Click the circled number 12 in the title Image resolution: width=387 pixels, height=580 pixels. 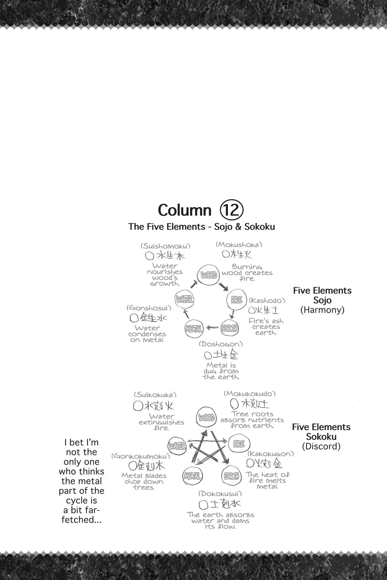pyautogui.click(x=231, y=210)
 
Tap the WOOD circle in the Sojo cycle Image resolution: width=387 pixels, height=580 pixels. pyautogui.click(x=209, y=275)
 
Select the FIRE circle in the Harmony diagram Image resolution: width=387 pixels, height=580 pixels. pyautogui.click(x=237, y=300)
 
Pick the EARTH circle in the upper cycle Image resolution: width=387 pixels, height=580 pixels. pyautogui.click(x=230, y=328)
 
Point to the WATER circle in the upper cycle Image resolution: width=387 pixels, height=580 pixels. pyautogui.click(x=184, y=300)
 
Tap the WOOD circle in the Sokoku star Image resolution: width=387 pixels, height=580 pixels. pyautogui.click(x=206, y=417)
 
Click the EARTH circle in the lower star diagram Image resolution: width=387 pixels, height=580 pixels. pyautogui.click(x=231, y=476)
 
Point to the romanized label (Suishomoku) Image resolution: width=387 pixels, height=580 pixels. pyautogui.click(x=165, y=246)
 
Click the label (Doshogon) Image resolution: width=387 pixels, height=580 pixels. pyautogui.click(x=221, y=344)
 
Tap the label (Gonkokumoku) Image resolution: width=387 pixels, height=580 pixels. pyautogui.click(x=141, y=456)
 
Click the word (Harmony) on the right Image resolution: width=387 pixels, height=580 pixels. pyautogui.click(x=322, y=310)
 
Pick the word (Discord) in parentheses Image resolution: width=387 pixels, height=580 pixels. pyautogui.click(x=321, y=446)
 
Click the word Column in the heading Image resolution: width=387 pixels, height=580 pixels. pyautogui.click(x=184, y=210)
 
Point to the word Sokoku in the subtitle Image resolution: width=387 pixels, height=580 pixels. pyautogui.click(x=260, y=227)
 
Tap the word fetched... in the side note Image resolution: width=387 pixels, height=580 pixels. pyautogui.click(x=82, y=520)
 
